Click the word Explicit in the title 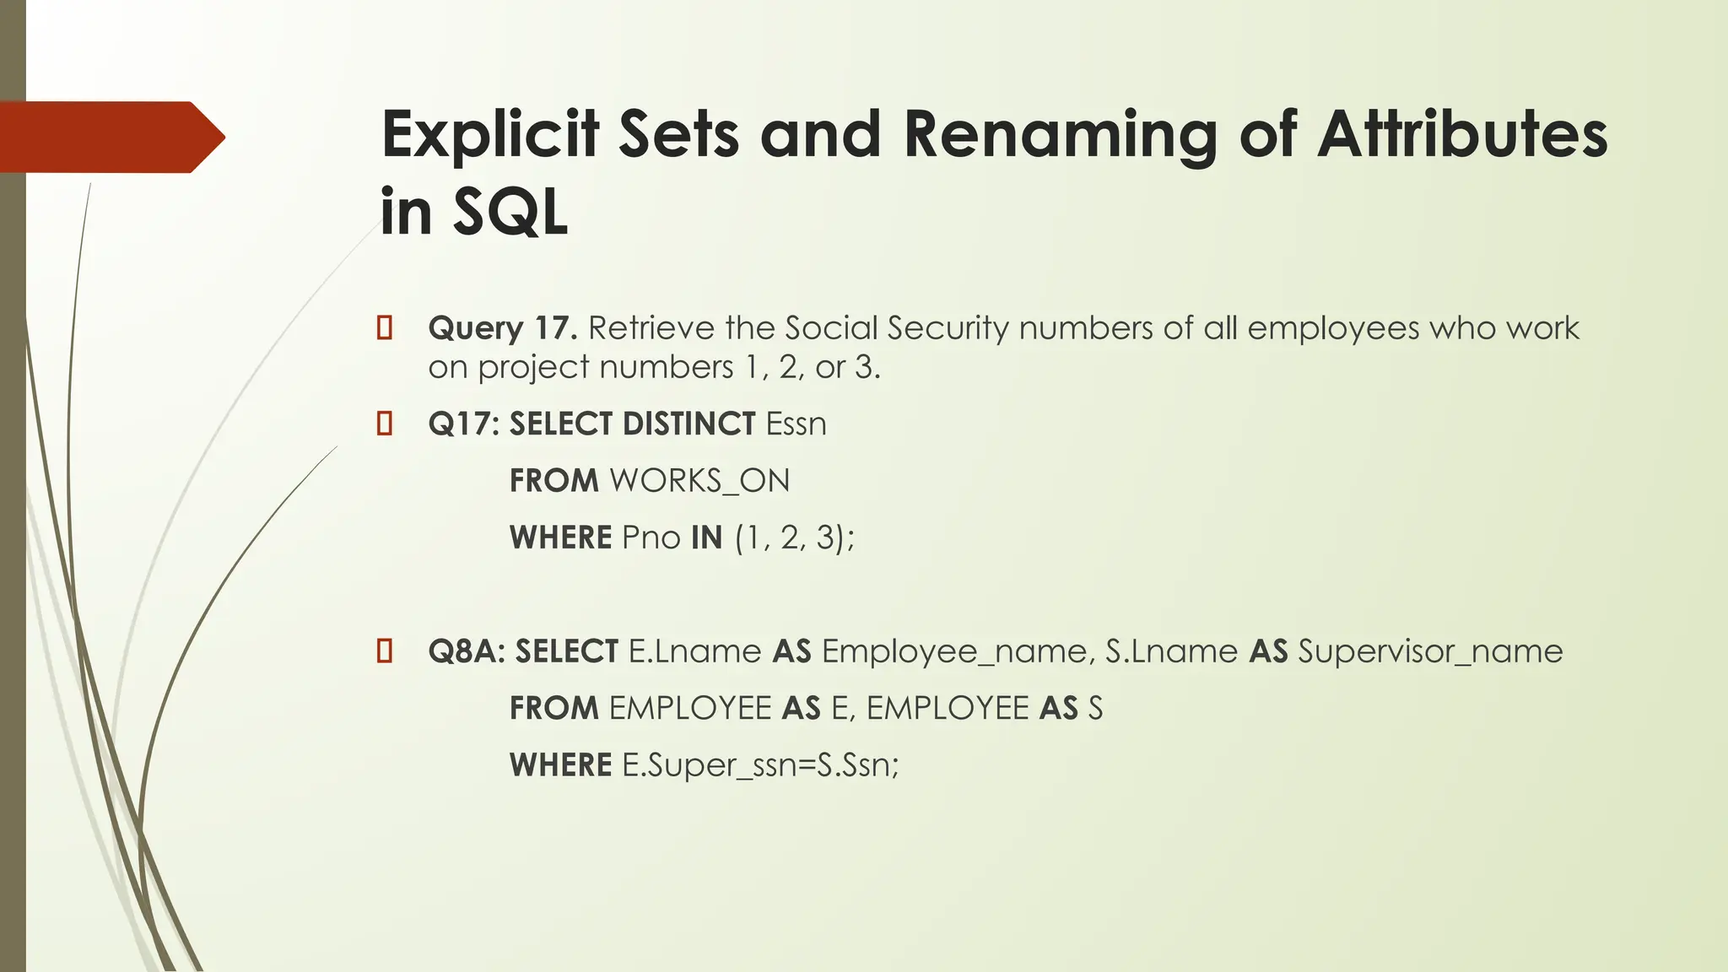pyautogui.click(x=489, y=136)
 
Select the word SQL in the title pyautogui.click(x=510, y=212)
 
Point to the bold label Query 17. pyautogui.click(x=502, y=328)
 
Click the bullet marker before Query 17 pyautogui.click(x=385, y=328)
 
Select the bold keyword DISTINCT pyautogui.click(x=689, y=424)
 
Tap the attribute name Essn pyautogui.click(x=796, y=424)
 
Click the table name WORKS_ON pyautogui.click(x=699, y=481)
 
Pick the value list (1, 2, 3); pyautogui.click(x=794, y=537)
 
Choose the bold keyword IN pyautogui.click(x=706, y=537)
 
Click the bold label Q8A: pyautogui.click(x=467, y=651)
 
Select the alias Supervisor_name pyautogui.click(x=1430, y=651)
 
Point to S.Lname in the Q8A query pyautogui.click(x=1171, y=651)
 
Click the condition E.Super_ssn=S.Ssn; pyautogui.click(x=760, y=765)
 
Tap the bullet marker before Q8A pyautogui.click(x=385, y=651)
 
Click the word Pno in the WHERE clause pyautogui.click(x=651, y=537)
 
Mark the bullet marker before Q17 pyautogui.click(x=385, y=424)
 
